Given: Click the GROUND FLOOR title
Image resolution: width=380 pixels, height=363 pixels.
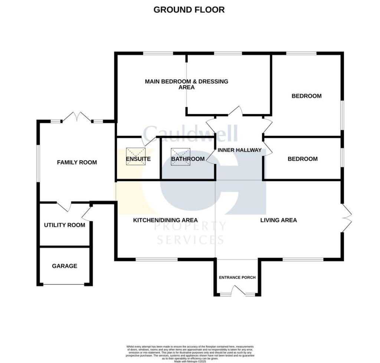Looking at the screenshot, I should click(x=189, y=10).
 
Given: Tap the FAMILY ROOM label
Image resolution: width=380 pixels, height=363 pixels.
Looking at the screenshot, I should click(x=77, y=162).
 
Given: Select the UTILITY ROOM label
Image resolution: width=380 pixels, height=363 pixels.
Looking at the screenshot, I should click(x=64, y=225).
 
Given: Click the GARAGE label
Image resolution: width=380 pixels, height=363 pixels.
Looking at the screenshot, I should click(x=65, y=266).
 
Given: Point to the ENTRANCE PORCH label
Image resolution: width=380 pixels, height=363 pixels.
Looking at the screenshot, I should click(x=237, y=277).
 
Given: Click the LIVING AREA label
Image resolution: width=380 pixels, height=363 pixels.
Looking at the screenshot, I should click(x=278, y=220).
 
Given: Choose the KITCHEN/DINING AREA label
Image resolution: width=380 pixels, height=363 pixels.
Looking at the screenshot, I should click(x=165, y=220).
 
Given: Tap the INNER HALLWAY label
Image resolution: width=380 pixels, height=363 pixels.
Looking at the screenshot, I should click(x=239, y=150).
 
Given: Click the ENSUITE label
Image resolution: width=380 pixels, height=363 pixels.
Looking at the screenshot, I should click(x=138, y=159).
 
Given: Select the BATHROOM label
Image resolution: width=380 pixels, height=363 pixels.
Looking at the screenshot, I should click(x=188, y=159).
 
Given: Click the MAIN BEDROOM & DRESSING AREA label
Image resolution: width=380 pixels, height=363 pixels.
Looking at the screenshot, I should click(x=186, y=84).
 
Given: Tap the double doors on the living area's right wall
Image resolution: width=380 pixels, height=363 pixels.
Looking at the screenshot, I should click(x=347, y=218).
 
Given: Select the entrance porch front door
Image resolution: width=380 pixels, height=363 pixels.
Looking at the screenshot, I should click(x=237, y=292).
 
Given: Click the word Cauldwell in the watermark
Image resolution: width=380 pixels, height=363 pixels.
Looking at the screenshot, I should click(x=190, y=133).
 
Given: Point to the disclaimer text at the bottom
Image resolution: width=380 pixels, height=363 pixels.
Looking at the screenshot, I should click(x=190, y=352).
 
